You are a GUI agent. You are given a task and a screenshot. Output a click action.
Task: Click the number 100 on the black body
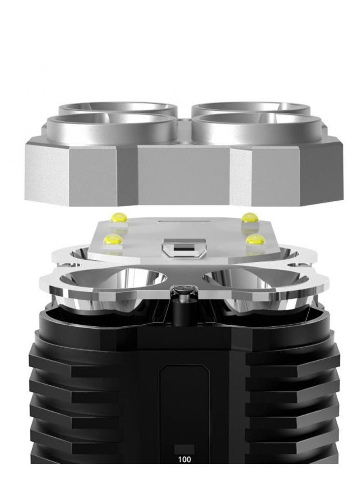coord(184,458)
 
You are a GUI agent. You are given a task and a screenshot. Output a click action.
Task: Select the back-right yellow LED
coord(248,217)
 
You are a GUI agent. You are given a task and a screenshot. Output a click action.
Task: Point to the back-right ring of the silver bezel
coord(251,108)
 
